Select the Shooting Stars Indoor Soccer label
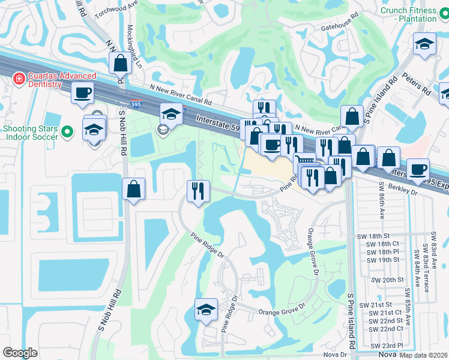click(x=31, y=132)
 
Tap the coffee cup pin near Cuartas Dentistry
click(x=82, y=93)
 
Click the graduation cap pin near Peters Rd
click(x=424, y=44)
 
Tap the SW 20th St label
click(x=384, y=280)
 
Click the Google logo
click(x=20, y=353)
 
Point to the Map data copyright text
click(x=423, y=355)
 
